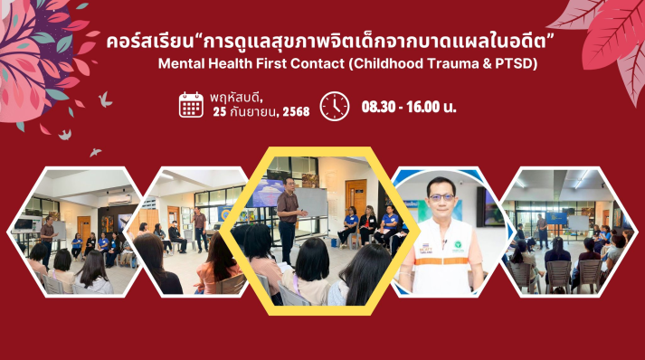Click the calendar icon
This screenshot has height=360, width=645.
(191, 105)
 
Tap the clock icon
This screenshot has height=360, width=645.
(335, 106)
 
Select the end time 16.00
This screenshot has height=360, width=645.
(423, 107)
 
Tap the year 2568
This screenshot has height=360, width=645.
(296, 111)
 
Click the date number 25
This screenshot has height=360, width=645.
(220, 111)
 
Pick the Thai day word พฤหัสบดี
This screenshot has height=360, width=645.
(236, 98)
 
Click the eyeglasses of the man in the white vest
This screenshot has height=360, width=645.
(441, 197)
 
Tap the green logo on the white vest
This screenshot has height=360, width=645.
(458, 246)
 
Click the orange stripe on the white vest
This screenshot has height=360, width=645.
(443, 261)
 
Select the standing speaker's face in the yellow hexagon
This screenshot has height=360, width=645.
(289, 185)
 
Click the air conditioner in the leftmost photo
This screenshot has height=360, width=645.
(119, 200)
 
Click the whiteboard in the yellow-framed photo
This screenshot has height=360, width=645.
(311, 203)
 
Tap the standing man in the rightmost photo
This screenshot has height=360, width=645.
(542, 232)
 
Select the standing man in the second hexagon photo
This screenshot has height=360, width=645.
(200, 229)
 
